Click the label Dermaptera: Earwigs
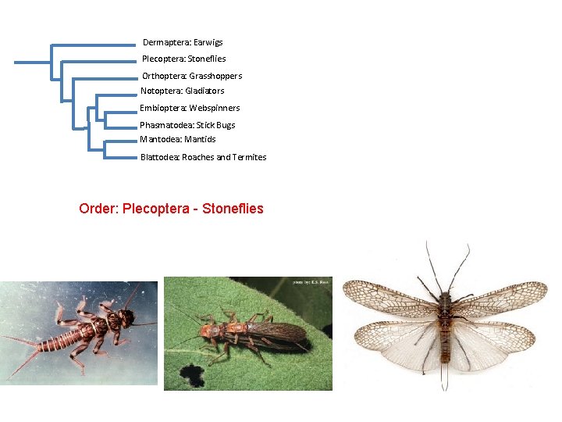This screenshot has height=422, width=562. pyautogui.click(x=183, y=42)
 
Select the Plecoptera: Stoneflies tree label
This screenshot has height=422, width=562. pyautogui.click(x=183, y=59)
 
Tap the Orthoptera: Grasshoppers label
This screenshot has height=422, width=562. pyautogui.click(x=191, y=76)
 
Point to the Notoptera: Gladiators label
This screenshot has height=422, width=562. pyautogui.click(x=182, y=91)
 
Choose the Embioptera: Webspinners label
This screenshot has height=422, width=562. pyautogui.click(x=190, y=108)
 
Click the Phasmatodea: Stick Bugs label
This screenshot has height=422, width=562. pyautogui.click(x=187, y=125)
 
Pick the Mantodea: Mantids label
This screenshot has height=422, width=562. pyautogui.click(x=178, y=139)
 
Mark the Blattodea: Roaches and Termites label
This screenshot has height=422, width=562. pyautogui.click(x=203, y=157)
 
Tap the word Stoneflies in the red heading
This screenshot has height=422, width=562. pyautogui.click(x=233, y=209)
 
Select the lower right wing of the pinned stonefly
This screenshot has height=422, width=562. pyautogui.click(x=492, y=344)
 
